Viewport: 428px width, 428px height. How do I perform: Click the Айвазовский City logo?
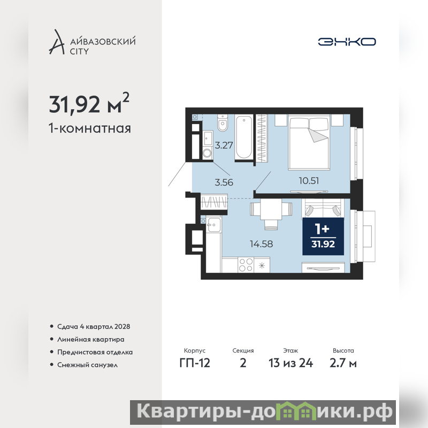[x=92, y=42]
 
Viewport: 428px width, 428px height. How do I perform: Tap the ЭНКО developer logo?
[x=347, y=42]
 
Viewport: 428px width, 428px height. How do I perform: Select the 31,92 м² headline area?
[x=89, y=103]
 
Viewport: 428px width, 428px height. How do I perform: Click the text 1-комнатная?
[x=90, y=128]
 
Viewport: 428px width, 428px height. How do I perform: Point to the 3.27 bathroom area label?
[x=224, y=145]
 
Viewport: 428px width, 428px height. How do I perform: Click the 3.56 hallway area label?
[x=224, y=182]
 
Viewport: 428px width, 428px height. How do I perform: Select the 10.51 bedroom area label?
[x=309, y=180]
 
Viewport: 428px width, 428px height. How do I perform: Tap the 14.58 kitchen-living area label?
[x=261, y=244]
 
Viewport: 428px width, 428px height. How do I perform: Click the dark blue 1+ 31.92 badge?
[x=323, y=236]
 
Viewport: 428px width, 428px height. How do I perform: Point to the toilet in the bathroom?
[x=223, y=123]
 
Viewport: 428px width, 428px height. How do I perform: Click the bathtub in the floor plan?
[x=244, y=137]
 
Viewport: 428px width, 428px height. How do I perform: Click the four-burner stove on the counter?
[x=246, y=265]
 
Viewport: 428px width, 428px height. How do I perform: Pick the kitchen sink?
[x=213, y=225]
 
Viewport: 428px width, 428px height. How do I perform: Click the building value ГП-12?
[x=195, y=363]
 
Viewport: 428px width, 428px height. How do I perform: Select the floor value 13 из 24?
[x=291, y=363]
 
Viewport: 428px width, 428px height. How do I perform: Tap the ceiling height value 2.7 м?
[x=343, y=363]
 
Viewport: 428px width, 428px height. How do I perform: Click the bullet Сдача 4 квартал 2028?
[x=90, y=326]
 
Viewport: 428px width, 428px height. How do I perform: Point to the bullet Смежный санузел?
[x=84, y=365]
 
